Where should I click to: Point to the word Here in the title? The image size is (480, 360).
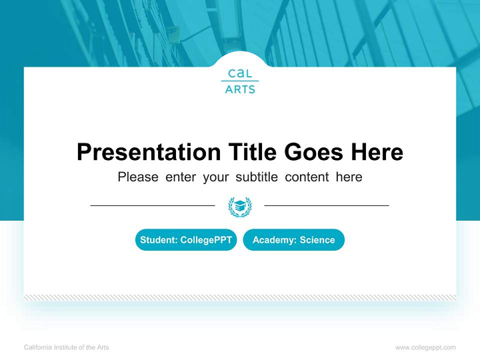point(376,152)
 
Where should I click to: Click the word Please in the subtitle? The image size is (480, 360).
point(138,177)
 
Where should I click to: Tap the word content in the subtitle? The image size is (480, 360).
point(307,177)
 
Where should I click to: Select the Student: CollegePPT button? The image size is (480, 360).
point(186,240)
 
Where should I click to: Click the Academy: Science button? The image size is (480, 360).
point(293,240)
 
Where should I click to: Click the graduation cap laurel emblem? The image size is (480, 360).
point(239,206)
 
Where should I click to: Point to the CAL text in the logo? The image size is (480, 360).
point(240,73)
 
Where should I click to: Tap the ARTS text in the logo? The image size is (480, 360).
point(240,89)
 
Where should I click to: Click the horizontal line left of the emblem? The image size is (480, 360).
point(152,205)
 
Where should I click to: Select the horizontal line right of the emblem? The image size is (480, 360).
point(326,205)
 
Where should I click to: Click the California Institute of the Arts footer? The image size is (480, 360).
point(66,347)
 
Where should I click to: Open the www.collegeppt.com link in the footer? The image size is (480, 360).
point(425,347)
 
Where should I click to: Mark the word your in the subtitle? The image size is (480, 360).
point(215,177)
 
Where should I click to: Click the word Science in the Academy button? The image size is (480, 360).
point(317,240)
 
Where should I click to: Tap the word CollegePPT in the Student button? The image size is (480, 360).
point(206,240)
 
